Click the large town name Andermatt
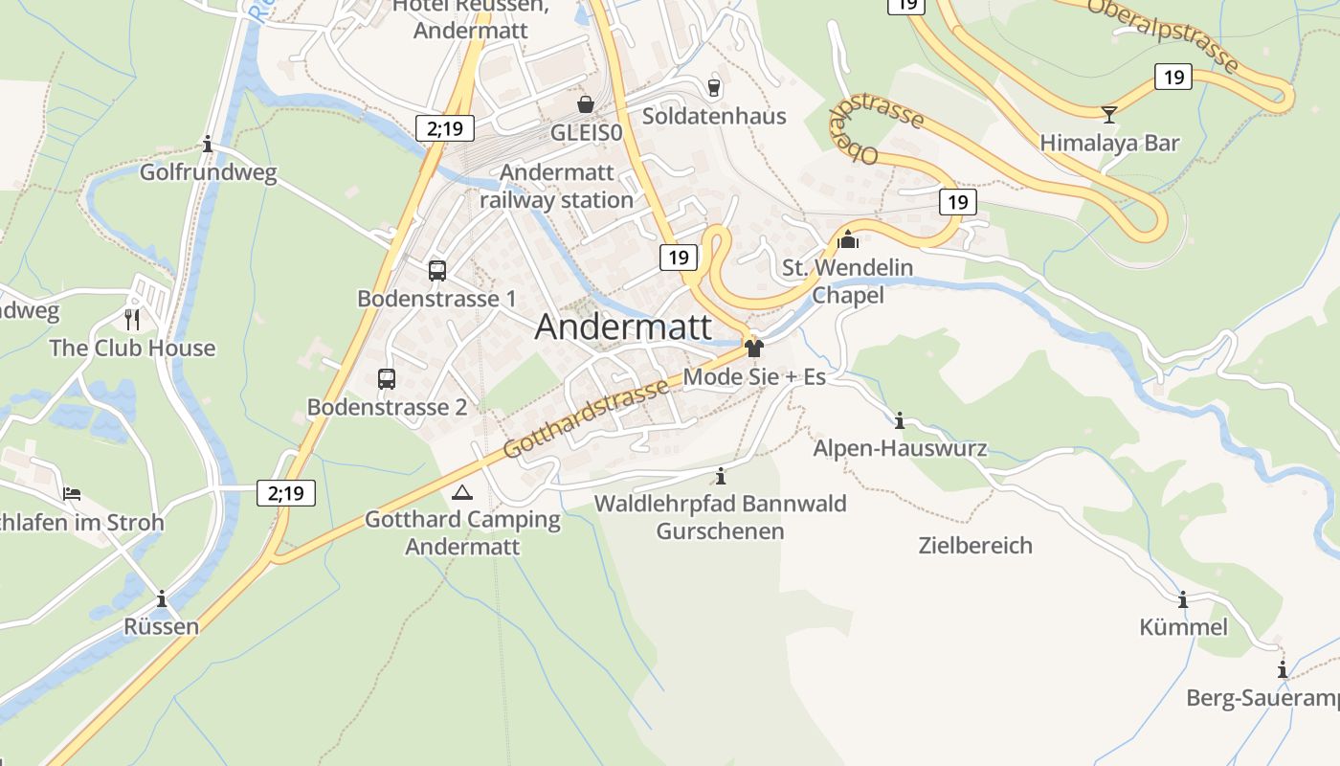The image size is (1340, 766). (x=623, y=327)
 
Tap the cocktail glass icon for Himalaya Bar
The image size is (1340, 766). (x=1109, y=114)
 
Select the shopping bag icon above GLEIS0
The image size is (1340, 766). (x=585, y=103)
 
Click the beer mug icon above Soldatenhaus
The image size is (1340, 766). (x=713, y=87)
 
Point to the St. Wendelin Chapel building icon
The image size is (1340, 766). (x=848, y=238)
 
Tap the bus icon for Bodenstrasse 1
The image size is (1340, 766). (x=437, y=270)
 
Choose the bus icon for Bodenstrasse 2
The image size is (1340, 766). (x=387, y=379)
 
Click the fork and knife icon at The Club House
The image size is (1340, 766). (x=132, y=319)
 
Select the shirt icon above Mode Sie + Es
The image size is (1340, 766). (x=754, y=348)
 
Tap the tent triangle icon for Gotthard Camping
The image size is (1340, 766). (x=462, y=493)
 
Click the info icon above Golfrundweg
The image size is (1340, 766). (x=208, y=144)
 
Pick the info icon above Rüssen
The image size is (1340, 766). (x=162, y=598)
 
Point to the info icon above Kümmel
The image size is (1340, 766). (x=1183, y=599)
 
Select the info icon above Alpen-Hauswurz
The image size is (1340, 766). (x=900, y=420)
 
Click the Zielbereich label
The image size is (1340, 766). (x=975, y=546)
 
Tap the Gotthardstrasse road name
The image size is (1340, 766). (x=586, y=417)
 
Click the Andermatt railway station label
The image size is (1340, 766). (x=556, y=187)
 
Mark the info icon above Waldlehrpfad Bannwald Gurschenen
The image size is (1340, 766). (x=721, y=476)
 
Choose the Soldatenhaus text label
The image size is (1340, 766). (x=714, y=117)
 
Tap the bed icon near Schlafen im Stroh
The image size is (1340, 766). (x=72, y=494)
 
